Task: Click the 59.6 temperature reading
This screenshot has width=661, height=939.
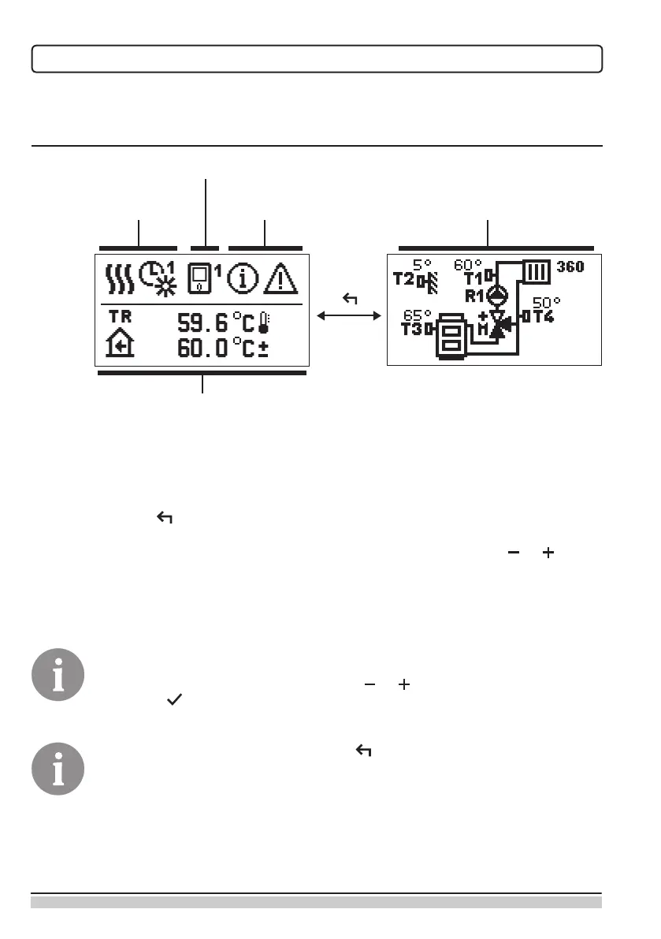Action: click(x=202, y=322)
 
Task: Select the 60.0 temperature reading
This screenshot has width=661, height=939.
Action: click(x=202, y=348)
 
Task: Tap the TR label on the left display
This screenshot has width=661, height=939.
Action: click(x=119, y=315)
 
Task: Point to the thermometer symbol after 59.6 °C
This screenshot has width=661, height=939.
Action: click(x=263, y=322)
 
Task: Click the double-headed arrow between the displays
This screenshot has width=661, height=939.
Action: click(x=347, y=316)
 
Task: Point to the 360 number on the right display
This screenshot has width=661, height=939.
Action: click(x=568, y=266)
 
